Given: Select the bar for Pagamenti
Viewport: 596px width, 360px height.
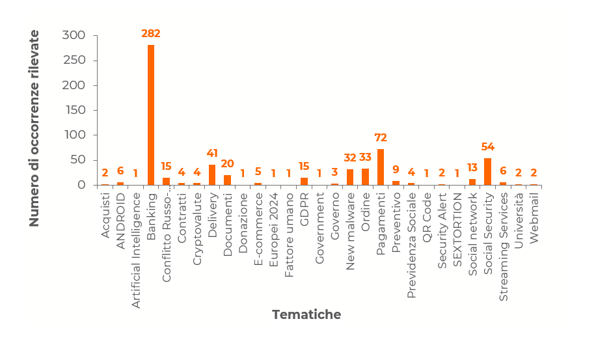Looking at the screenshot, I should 381,167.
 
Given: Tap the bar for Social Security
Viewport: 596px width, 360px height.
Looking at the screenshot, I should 487,171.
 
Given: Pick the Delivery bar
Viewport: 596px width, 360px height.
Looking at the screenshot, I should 212,174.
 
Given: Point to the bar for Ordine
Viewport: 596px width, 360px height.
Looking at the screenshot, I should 365,176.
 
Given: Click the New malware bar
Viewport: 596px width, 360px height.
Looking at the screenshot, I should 350,176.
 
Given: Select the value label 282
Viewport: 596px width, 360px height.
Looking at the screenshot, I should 151,34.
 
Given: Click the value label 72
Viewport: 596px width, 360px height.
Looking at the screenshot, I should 381,138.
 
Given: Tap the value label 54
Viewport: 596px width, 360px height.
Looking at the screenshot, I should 487,147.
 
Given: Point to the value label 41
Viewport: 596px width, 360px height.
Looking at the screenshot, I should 212,154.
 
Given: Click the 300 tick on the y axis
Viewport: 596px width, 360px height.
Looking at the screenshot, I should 74,36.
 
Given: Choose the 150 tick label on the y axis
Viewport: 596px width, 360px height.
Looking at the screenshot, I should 74,110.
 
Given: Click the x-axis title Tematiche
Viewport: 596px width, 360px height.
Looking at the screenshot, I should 306,315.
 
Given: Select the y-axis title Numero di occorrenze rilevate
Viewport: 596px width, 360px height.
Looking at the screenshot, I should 34,128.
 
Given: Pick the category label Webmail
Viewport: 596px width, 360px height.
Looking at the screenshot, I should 534,218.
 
